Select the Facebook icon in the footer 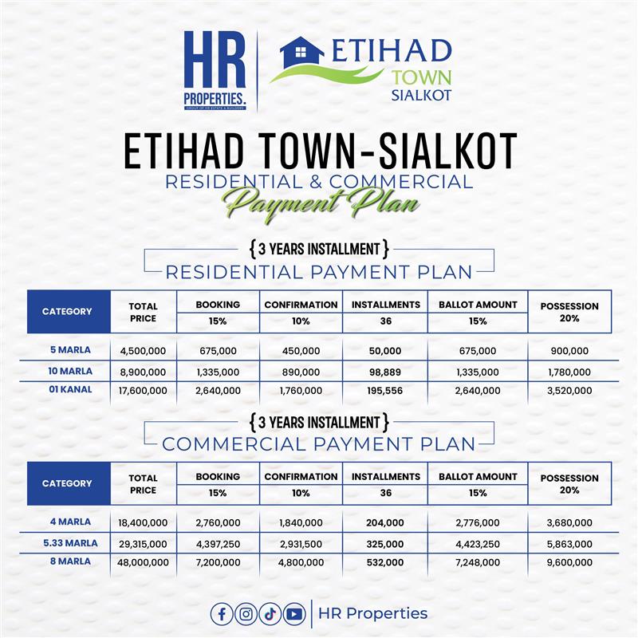(223, 613)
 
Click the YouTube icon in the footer (294, 613)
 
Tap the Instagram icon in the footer (246, 613)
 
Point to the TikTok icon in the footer (270, 613)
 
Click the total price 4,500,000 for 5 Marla (143, 351)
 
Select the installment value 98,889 (381, 371)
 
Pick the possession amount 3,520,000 (569, 390)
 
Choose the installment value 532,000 (381, 562)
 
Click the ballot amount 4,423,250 (477, 543)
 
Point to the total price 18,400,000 (143, 523)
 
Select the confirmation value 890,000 (301, 371)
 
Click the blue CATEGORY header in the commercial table (67, 483)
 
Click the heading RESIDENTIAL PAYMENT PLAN (318, 271)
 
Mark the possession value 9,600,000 (569, 562)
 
